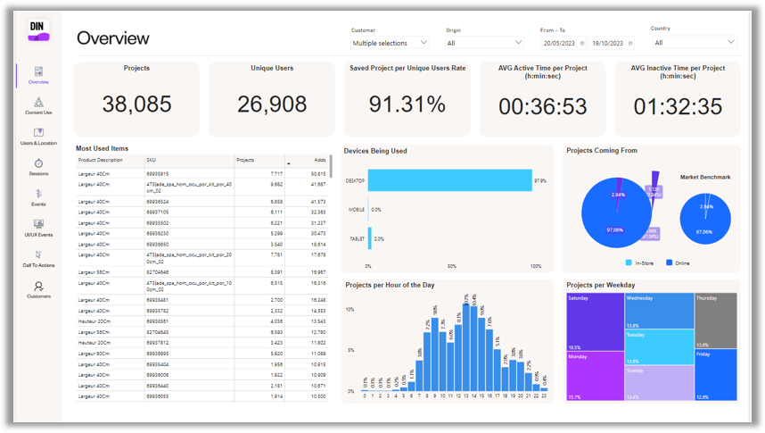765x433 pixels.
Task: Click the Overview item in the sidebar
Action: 38,75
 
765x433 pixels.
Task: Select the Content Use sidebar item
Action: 38,105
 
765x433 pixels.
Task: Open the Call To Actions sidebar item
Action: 38,259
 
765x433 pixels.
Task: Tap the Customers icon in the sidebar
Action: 38,289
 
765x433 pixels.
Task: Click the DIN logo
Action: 38,30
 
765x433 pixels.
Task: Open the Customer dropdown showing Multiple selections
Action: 390,43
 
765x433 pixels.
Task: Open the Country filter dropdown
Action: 694,43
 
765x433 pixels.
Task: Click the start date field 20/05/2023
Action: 563,43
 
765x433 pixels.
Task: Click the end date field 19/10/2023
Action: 611,43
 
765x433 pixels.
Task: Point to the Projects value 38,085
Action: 136,104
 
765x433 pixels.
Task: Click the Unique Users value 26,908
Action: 272,104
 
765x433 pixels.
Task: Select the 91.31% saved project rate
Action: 407,104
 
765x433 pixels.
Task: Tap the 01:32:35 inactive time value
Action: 678,106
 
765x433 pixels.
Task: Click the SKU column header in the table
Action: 188,160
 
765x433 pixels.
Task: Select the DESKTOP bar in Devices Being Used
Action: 449,180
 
